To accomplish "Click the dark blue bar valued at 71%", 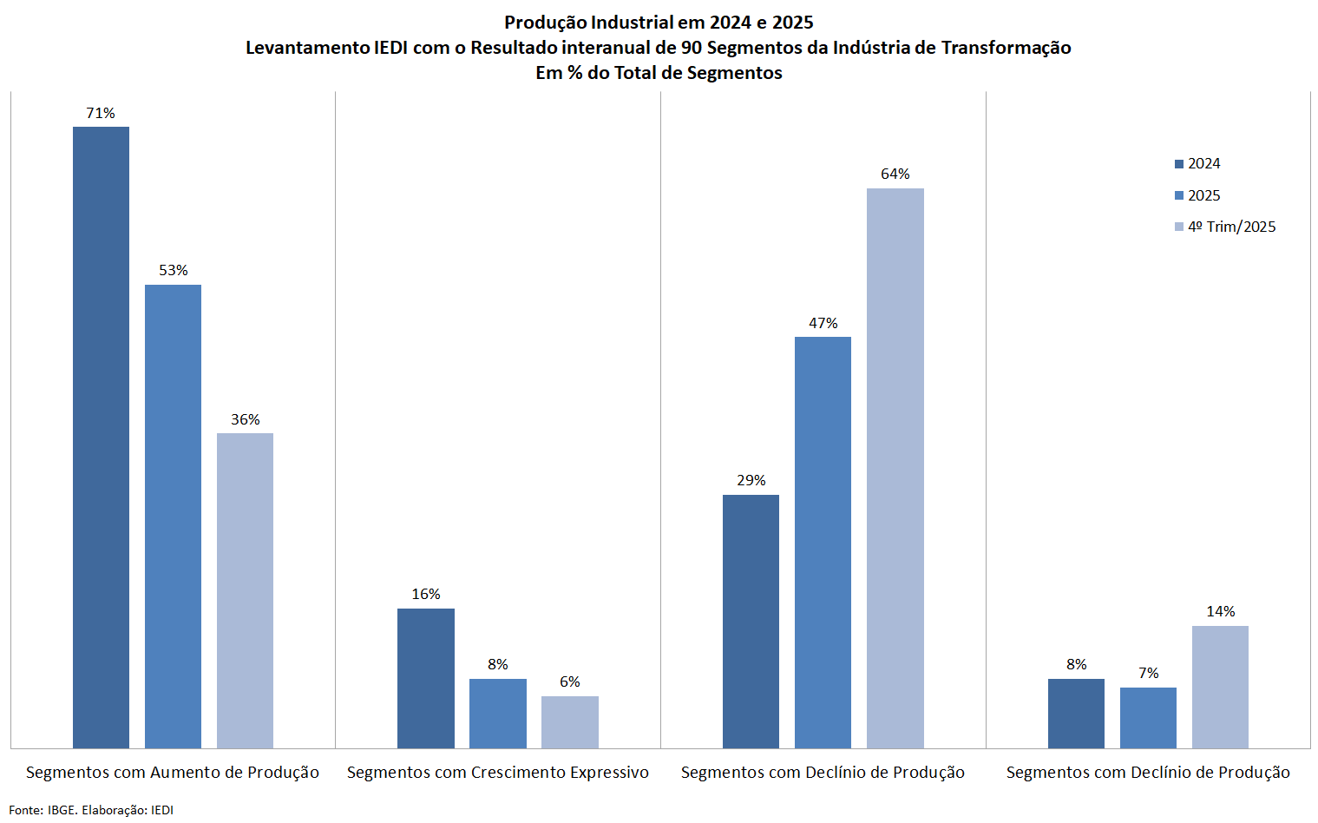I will (101, 437).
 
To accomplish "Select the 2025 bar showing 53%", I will (173, 516).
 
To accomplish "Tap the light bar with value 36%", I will (245, 590).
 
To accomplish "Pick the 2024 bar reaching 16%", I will (425, 678).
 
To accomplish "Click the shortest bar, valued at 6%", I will (569, 721).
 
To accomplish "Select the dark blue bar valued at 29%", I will (751, 621).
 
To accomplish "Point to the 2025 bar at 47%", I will (823, 542).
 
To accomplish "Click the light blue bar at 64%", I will (895, 468).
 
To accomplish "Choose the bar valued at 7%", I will (1148, 717).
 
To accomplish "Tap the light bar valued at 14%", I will (1220, 687).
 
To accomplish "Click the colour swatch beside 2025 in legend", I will (1179, 196).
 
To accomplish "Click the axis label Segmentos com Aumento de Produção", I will (173, 773).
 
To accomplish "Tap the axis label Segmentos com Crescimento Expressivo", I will (497, 773).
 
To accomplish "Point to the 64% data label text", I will (895, 174).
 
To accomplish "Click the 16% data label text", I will (425, 595).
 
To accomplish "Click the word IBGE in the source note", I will (61, 810).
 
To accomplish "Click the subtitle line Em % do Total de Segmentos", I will (659, 73).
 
